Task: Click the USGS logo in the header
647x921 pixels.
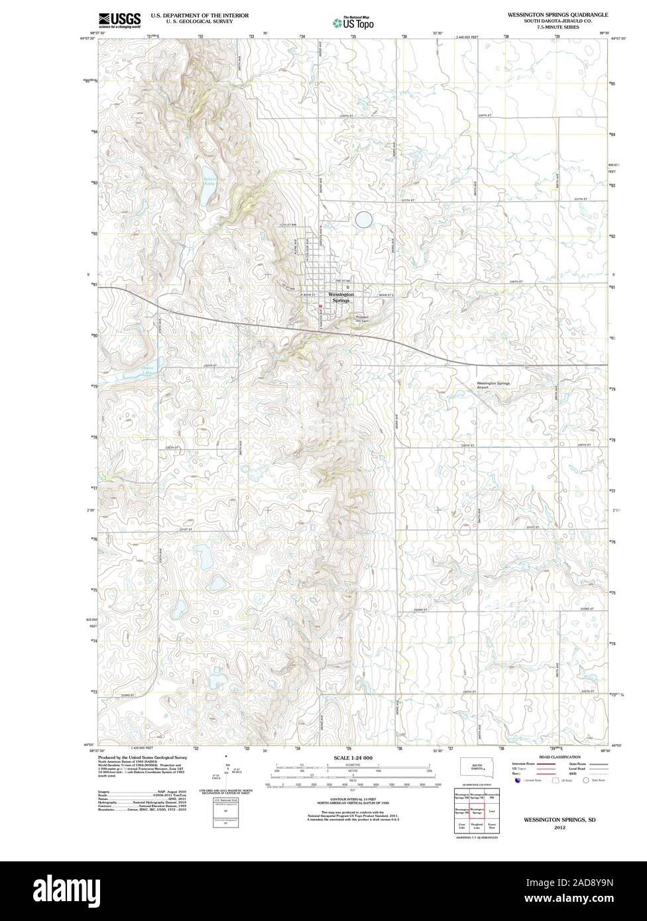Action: tap(119, 20)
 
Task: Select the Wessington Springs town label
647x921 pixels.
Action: tap(341, 297)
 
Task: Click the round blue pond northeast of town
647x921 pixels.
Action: tap(363, 220)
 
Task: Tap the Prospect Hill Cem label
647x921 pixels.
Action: tap(361, 318)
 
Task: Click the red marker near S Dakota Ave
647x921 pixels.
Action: tap(320, 305)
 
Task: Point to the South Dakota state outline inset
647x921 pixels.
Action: tap(476, 769)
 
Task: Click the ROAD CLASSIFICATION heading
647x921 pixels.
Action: tap(560, 757)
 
